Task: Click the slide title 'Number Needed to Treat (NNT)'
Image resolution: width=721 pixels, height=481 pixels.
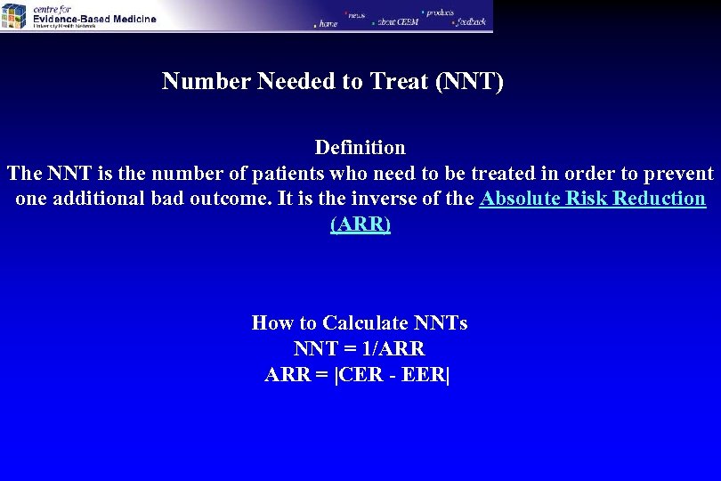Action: pyautogui.click(x=333, y=83)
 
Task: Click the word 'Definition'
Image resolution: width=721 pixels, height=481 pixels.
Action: pyautogui.click(x=360, y=147)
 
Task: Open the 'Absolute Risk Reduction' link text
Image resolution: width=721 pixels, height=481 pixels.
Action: pyautogui.click(x=592, y=199)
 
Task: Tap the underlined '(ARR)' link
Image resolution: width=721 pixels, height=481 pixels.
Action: pyautogui.click(x=360, y=224)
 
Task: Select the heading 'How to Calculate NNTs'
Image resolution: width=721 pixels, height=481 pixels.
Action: pyautogui.click(x=360, y=322)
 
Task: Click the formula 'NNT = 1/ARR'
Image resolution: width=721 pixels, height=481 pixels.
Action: pyautogui.click(x=360, y=349)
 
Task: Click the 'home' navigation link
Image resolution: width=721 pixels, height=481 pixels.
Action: pyautogui.click(x=327, y=24)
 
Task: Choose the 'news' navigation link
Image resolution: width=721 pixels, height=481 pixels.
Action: pyautogui.click(x=356, y=14)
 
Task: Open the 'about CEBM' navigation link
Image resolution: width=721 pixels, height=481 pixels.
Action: pyautogui.click(x=397, y=21)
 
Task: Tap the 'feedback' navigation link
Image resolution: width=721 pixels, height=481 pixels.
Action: pyautogui.click(x=471, y=20)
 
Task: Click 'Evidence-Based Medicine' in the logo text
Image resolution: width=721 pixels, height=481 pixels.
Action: pyautogui.click(x=94, y=19)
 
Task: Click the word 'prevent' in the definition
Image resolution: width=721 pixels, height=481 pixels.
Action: pyautogui.click(x=677, y=173)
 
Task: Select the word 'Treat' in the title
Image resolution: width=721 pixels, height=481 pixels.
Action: pyautogui.click(x=398, y=83)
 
